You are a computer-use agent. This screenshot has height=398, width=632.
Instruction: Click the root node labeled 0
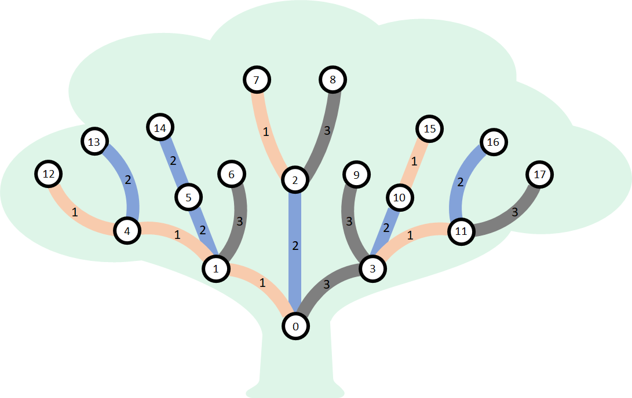coord(295,326)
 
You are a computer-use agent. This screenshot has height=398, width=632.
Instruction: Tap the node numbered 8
coord(333,79)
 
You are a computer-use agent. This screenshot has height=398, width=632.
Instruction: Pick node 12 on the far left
coord(49,174)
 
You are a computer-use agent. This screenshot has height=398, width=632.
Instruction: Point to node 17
coord(540,174)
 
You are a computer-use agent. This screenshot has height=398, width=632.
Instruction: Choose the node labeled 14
coord(160,128)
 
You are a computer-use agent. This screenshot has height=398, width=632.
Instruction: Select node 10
coord(399,197)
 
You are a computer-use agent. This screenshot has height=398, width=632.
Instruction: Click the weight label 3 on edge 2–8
coord(327,130)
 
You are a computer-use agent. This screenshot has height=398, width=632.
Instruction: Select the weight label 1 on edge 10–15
coord(414,161)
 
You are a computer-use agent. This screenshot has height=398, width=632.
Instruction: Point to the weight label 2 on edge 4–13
coord(128,179)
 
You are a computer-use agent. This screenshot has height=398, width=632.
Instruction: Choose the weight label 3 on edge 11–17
coord(515,212)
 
